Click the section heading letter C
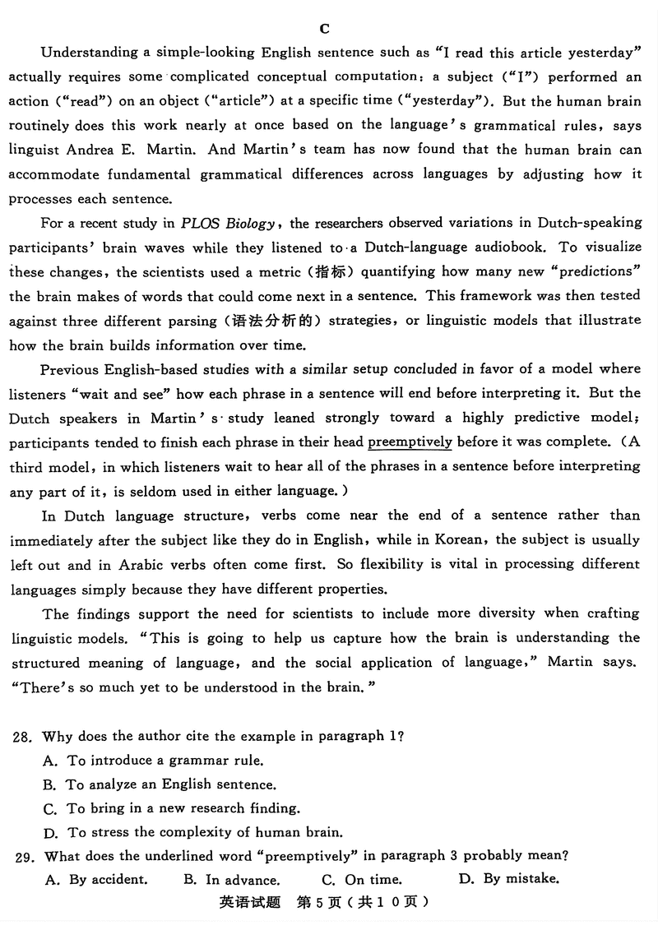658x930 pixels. click(324, 29)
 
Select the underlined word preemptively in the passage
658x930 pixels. click(410, 442)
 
